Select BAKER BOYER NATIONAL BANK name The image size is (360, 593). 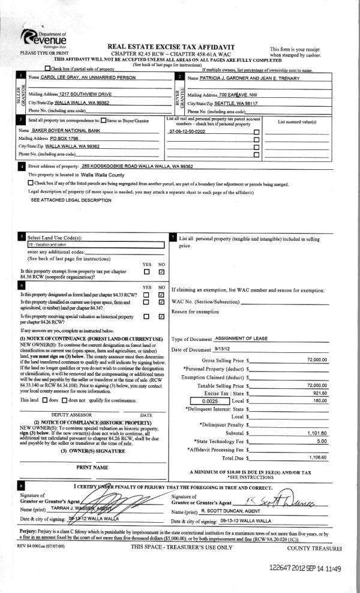coord(67,130)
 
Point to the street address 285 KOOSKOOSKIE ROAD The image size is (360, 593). coord(139,166)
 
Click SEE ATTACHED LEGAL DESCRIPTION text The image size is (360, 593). coord(62,199)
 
